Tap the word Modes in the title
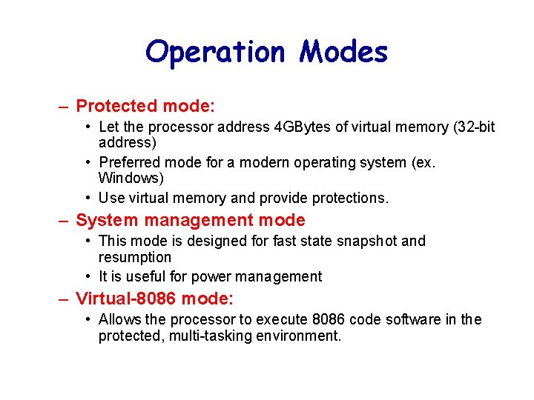[x=343, y=53]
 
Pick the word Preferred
[x=128, y=162]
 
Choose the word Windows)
[x=131, y=179]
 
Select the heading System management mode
[x=191, y=220]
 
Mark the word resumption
[x=134, y=258]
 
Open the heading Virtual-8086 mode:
[x=154, y=299]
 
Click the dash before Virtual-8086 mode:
[x=65, y=299]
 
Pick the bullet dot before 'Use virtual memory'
[x=88, y=198]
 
